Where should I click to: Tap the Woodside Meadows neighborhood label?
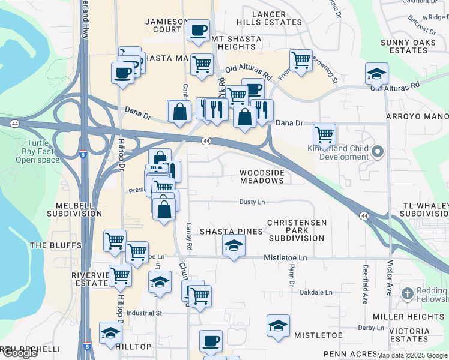(261, 176)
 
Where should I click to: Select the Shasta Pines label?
(231, 232)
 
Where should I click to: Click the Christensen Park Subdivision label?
(297, 230)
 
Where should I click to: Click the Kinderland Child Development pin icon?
(378, 151)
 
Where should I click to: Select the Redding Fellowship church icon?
(408, 293)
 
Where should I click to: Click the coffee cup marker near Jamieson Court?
(198, 30)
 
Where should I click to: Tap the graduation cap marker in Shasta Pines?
(234, 245)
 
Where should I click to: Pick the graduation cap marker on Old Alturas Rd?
(376, 74)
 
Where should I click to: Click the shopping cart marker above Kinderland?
(324, 134)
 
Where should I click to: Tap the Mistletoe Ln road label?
(285, 258)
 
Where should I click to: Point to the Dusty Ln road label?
(252, 202)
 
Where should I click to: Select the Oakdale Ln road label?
(315, 292)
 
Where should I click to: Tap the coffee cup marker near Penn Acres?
(211, 341)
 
